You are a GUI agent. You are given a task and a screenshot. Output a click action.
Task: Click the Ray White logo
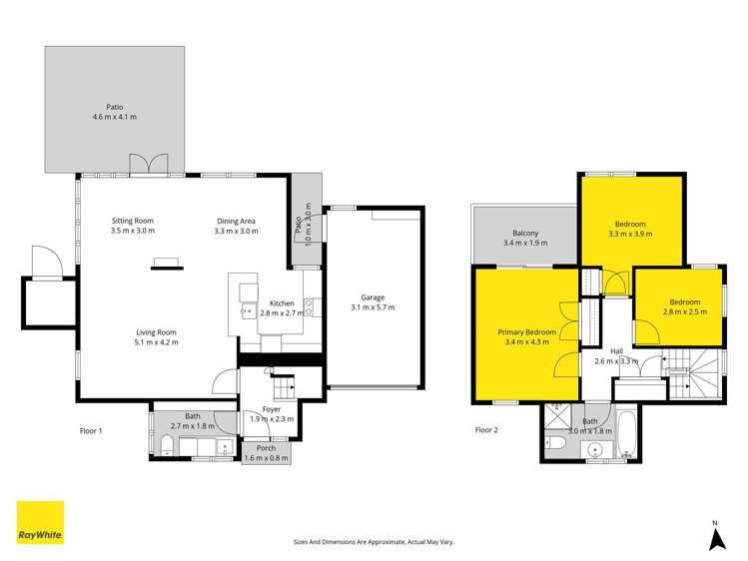coord(40,523)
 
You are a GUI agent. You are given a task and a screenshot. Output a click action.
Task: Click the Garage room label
coord(373,296)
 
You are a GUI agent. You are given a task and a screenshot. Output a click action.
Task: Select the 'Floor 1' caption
coord(91,430)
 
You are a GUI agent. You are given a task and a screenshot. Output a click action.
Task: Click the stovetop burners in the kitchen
coord(309,308)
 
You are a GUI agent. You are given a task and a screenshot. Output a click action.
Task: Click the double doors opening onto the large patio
coord(148,165)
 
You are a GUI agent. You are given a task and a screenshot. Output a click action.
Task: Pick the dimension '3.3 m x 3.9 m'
coord(630,234)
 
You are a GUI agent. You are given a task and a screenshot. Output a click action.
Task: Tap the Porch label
coord(266,447)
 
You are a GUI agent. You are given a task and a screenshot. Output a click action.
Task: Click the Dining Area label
coord(236,221)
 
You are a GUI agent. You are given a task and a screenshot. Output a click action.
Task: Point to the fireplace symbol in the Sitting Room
coord(165,264)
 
